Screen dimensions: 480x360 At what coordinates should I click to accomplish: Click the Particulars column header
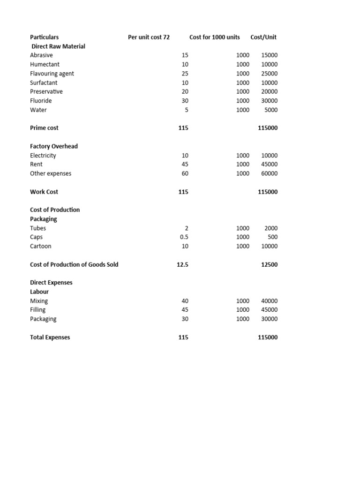point(45,37)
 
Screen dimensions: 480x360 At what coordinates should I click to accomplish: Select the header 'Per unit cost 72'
point(149,37)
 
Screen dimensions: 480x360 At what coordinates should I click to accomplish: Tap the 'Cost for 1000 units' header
point(214,37)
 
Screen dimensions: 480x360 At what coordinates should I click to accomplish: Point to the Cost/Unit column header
point(263,37)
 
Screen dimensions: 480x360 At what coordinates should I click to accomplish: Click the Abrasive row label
point(41,55)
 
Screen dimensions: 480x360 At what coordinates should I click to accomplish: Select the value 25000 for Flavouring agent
point(269,74)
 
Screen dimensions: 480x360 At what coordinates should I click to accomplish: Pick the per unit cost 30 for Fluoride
point(185,101)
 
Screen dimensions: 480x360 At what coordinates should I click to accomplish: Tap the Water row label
point(38,110)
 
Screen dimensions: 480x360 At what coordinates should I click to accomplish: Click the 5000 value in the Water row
point(271,110)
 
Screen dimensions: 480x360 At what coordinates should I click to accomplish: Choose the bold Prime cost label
point(44,128)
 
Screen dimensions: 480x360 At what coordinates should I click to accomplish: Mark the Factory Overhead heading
point(54,146)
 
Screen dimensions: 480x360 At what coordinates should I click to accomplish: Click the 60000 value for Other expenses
point(269,173)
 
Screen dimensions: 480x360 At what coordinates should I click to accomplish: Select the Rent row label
point(36,165)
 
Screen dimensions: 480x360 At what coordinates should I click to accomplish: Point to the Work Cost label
point(44,192)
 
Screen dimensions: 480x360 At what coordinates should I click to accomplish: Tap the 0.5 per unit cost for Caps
point(184,237)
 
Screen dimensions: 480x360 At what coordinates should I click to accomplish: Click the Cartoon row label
point(41,246)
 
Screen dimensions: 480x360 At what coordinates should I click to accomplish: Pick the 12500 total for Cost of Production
point(269,265)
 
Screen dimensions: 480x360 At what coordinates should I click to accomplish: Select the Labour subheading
point(39,292)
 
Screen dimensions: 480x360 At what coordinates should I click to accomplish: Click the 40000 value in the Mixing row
point(269,301)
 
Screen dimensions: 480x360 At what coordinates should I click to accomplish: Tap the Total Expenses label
point(50,337)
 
